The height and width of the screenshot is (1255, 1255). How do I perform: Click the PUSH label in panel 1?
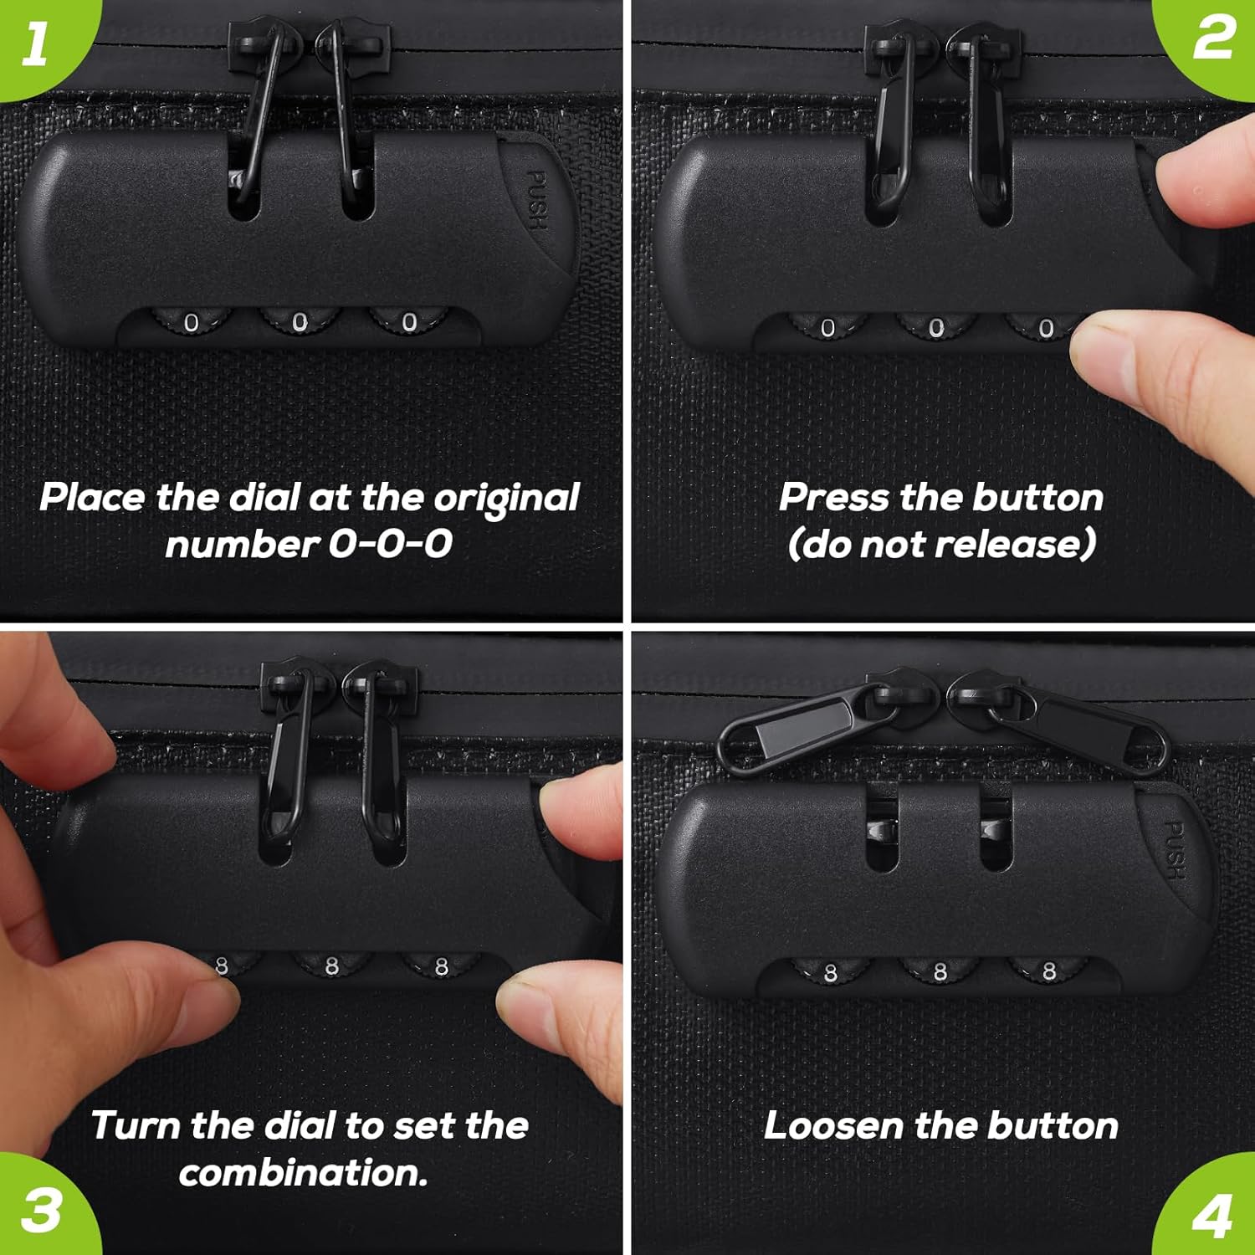(x=537, y=200)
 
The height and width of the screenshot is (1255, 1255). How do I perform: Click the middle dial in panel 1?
(x=300, y=322)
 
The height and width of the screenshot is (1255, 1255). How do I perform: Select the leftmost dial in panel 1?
(x=191, y=322)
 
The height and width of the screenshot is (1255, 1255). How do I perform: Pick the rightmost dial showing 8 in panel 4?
(x=1048, y=971)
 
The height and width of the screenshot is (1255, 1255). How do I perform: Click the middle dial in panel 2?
(x=935, y=328)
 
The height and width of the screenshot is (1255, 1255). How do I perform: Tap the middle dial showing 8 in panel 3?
(x=331, y=966)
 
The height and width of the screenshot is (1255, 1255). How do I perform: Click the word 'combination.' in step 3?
(x=304, y=1173)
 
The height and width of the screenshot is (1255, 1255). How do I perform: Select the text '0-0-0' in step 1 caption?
(x=390, y=545)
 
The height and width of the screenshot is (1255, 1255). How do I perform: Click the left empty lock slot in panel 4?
(x=882, y=828)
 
